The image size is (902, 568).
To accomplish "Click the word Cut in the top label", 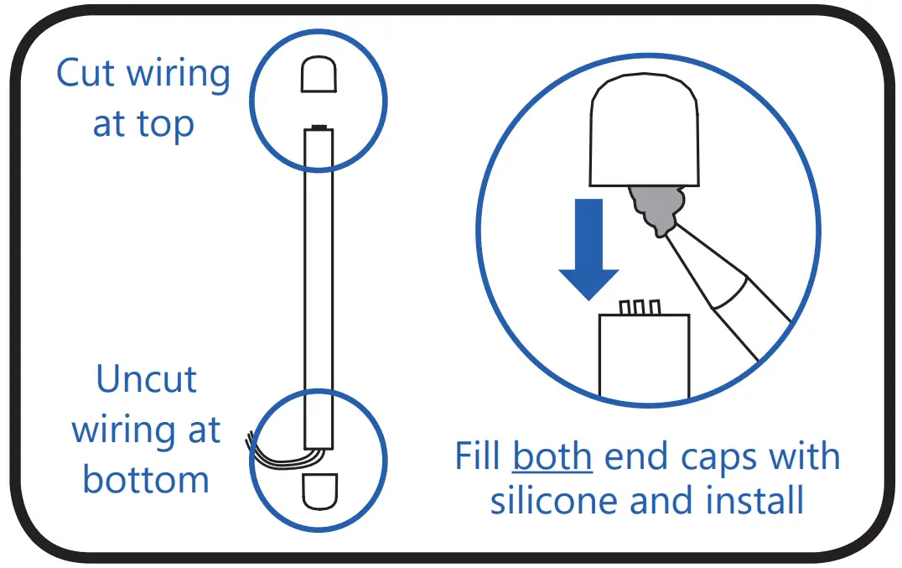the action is pos(86,74).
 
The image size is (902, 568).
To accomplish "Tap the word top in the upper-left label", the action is pos(165,125).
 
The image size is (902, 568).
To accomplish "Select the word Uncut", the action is pos(147,379).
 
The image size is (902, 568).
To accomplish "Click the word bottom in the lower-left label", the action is pos(146,480).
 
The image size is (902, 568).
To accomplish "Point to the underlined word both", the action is pos(553,457).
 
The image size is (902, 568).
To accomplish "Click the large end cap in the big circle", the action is pos(645,134).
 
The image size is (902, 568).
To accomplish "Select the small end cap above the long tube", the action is pos(319,76).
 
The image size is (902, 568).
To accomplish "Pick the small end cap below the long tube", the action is pos(319,491).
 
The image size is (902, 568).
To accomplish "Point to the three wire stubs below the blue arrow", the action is pos(639,307).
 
